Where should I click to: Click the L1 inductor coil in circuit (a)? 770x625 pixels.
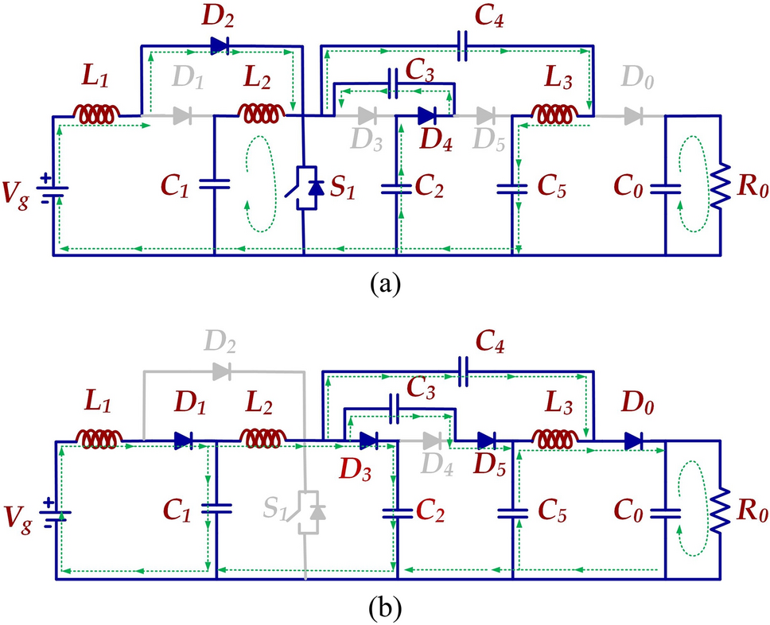coord(95,115)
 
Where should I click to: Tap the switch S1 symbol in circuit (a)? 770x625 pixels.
coord(305,188)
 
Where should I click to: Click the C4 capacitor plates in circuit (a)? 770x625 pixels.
coord(462,46)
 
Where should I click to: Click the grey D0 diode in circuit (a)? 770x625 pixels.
coord(632,116)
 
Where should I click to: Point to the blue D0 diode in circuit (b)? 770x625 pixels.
coord(634,441)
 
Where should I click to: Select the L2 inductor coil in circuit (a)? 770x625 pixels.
coord(262,115)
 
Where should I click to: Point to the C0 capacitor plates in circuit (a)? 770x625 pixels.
coord(666,188)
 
